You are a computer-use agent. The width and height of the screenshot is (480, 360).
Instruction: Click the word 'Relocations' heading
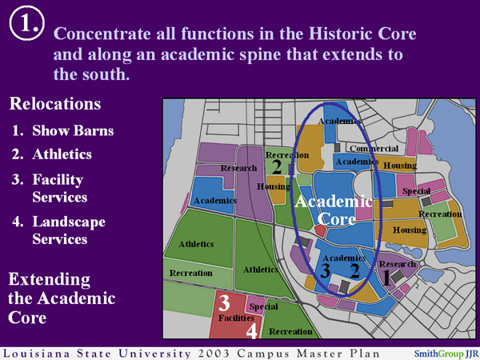coord(54,104)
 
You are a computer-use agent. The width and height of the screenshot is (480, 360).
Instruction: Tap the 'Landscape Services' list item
coord(68,230)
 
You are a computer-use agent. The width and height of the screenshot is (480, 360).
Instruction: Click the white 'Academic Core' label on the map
coord(333,210)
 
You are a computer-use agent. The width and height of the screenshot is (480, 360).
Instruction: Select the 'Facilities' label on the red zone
coord(236,318)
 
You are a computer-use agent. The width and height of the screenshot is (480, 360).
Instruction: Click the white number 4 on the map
coord(251,330)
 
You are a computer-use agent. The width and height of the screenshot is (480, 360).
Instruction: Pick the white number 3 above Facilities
coord(225,302)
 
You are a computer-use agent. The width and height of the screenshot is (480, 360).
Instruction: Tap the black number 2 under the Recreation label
coord(277,166)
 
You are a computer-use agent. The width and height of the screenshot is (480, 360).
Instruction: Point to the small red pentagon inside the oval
coord(319,230)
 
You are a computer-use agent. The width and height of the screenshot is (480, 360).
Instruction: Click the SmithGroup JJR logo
coord(445,352)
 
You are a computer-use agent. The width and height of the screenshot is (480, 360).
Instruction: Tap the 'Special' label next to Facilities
coord(263,306)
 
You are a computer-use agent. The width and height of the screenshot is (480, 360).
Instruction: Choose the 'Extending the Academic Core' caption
coord(61,298)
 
